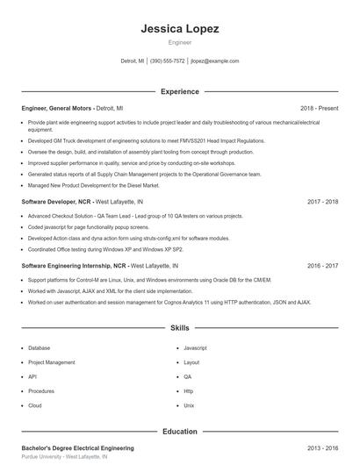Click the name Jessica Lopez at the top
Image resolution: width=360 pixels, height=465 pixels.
pos(179,28)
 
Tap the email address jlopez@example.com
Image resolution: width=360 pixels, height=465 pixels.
pos(214,61)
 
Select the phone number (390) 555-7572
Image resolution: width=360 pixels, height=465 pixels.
pos(168,61)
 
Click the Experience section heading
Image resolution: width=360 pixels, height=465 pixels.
pos(179,91)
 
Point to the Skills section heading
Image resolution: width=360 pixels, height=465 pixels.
pos(179,327)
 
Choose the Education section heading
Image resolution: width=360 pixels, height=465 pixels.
pos(179,431)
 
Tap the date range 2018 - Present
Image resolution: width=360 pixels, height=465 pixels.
pos(319,108)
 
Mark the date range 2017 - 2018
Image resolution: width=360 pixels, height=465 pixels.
pos(322,201)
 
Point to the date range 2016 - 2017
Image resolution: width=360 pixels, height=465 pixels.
pos(322,265)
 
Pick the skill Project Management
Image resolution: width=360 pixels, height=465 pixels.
pos(51,361)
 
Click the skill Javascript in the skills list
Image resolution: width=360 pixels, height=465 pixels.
pos(195,347)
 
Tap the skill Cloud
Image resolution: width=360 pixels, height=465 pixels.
pos(35,405)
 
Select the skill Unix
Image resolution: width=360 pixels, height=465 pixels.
pos(189,405)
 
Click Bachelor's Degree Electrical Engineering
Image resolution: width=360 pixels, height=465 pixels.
pos(77,447)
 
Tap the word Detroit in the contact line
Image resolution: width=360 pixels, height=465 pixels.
pos(128,61)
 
